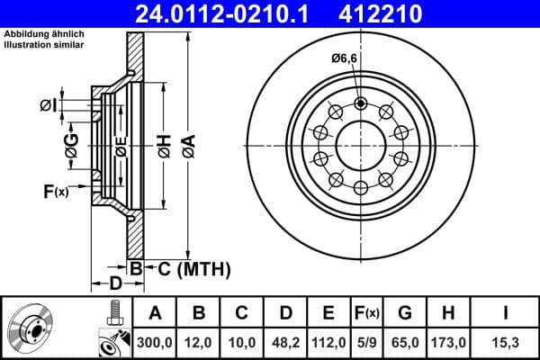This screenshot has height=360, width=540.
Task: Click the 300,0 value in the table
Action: [x=155, y=342]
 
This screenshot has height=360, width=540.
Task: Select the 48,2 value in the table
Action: [x=284, y=342]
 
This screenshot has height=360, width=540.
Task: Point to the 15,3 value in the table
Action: [x=508, y=342]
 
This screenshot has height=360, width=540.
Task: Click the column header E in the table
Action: [x=328, y=313]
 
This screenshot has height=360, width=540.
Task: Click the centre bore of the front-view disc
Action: [x=360, y=144]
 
